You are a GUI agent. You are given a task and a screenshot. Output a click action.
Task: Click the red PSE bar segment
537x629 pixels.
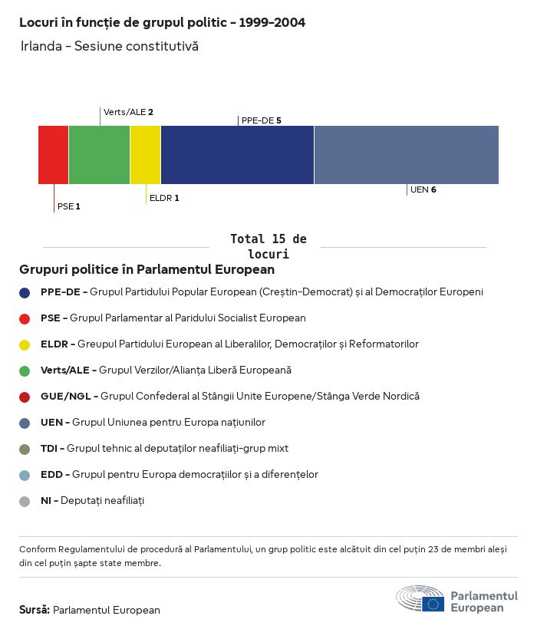[x=53, y=155]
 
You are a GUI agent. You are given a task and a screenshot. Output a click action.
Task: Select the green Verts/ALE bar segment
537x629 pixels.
[x=99, y=155]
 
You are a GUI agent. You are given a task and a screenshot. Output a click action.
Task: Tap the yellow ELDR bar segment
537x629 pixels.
[x=145, y=155]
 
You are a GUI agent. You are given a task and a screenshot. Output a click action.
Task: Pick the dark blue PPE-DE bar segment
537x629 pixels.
[x=237, y=155]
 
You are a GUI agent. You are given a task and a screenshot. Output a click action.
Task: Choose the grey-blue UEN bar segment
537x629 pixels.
[x=406, y=155]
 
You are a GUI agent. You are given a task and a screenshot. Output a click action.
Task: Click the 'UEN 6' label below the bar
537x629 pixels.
[x=423, y=189]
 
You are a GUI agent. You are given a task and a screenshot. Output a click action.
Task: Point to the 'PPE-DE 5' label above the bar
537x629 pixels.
[x=262, y=120]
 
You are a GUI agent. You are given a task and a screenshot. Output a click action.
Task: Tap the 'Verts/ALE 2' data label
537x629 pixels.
[x=128, y=112]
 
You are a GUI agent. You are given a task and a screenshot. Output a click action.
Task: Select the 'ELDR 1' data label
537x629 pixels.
[x=164, y=198]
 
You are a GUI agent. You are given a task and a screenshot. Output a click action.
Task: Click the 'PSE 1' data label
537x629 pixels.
[x=69, y=206]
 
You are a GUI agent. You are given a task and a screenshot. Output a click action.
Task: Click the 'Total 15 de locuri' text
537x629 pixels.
[x=268, y=246]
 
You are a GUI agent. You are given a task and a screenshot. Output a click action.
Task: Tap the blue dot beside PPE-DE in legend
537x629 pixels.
[x=25, y=292]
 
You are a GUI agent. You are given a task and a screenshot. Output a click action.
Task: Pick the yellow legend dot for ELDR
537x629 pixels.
[x=25, y=344]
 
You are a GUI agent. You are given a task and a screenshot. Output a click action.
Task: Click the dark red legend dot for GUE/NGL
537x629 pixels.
[x=25, y=397]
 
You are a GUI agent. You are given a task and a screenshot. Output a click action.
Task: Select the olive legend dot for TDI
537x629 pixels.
[x=25, y=449]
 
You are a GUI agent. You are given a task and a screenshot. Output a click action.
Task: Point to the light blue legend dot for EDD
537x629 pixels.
[x=25, y=475]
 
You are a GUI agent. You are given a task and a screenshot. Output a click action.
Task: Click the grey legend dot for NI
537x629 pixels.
[x=25, y=501]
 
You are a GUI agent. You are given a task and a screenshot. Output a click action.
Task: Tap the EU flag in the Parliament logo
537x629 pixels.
[x=433, y=603]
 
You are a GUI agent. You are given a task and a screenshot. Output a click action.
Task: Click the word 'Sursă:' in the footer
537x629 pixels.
[x=35, y=610]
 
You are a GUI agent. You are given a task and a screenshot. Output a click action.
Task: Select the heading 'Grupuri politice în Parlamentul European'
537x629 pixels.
[x=147, y=270]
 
